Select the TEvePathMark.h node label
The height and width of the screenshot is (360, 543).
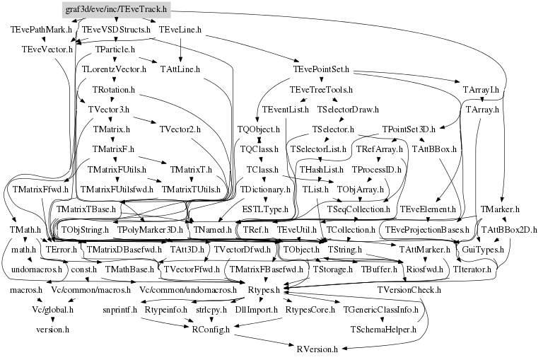coord(41,30)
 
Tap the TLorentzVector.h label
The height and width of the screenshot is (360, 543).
coord(114,69)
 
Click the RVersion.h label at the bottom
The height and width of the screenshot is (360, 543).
coord(317,349)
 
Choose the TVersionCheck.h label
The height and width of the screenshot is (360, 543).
coord(409,290)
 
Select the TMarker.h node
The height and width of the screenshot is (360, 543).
coord(500,210)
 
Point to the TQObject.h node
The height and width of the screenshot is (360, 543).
coord(258,130)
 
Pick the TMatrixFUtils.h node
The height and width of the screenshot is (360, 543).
coord(117,170)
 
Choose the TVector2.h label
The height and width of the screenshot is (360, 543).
coord(180,130)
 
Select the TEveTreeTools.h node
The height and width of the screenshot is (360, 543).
coord(321,90)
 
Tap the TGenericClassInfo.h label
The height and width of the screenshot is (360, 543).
coord(378,310)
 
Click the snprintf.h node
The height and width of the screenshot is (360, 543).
coord(119,310)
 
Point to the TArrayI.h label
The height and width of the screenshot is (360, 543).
coord(481,90)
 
